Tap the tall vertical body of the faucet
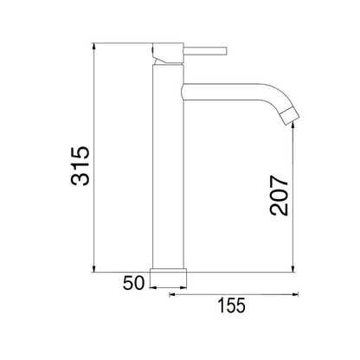169,173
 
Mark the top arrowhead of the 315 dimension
94,46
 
